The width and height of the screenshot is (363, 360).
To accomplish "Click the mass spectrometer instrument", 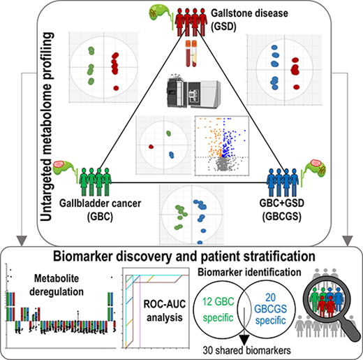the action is point(193,91).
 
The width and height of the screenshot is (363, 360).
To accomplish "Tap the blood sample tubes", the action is point(191,54).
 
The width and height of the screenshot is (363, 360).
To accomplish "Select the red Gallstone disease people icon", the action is point(191,22).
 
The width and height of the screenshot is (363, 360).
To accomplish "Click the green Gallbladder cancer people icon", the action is point(96,182).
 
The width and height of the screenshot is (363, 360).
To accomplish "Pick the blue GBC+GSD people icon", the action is point(283,182).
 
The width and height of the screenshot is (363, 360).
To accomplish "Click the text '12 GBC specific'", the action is point(218,310).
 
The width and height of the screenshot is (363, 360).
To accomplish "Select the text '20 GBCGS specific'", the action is point(270,309).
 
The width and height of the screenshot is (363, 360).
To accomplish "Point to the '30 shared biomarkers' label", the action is point(246,350).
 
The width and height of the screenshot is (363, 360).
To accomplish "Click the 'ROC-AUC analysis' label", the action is point(165,310).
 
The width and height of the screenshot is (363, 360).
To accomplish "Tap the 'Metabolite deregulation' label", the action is point(57,285).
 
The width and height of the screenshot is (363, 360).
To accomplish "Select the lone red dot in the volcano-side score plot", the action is point(151,147).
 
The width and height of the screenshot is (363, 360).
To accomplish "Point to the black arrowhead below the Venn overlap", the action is point(244,340).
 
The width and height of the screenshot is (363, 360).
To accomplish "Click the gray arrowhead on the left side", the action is point(22,240).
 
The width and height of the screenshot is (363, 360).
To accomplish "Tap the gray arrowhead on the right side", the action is point(348,240).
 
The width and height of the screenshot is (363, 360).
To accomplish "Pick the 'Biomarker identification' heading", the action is point(249,272).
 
